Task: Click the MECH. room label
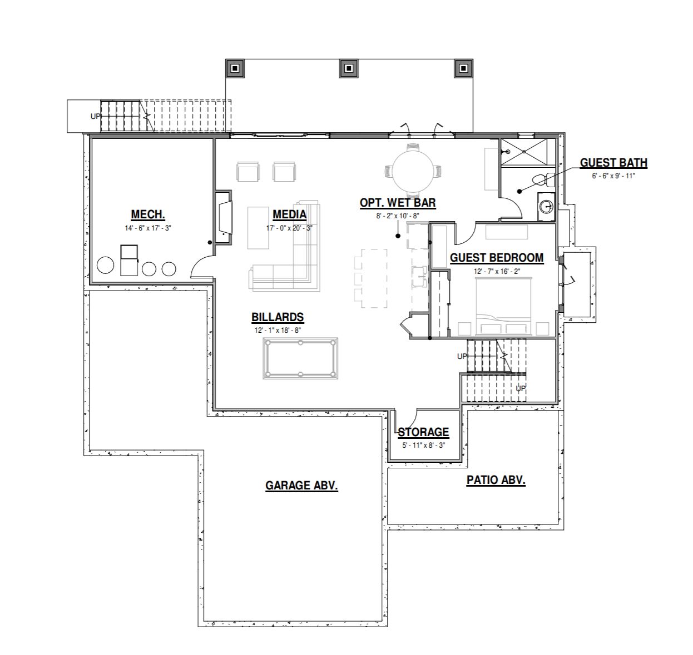pyautogui.click(x=148, y=214)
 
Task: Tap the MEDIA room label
pyautogui.click(x=289, y=214)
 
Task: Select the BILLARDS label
pyautogui.click(x=278, y=317)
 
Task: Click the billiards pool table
pyautogui.click(x=300, y=358)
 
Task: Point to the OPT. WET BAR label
pyautogui.click(x=398, y=203)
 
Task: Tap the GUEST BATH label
pyautogui.click(x=613, y=163)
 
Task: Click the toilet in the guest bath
pyautogui.click(x=543, y=180)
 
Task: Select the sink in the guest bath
pyautogui.click(x=546, y=206)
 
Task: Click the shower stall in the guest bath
pyautogui.click(x=524, y=152)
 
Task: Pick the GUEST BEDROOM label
pyautogui.click(x=497, y=258)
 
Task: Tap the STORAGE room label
pyautogui.click(x=423, y=432)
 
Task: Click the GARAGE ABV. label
pyautogui.click(x=301, y=486)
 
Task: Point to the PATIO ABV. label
pyautogui.click(x=496, y=480)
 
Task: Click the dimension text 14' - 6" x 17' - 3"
pyautogui.click(x=148, y=228)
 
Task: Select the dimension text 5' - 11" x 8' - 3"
pyautogui.click(x=423, y=446)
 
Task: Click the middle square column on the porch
pyautogui.click(x=349, y=68)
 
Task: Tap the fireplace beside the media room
pyautogui.click(x=224, y=217)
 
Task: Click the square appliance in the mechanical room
pyautogui.click(x=129, y=260)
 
